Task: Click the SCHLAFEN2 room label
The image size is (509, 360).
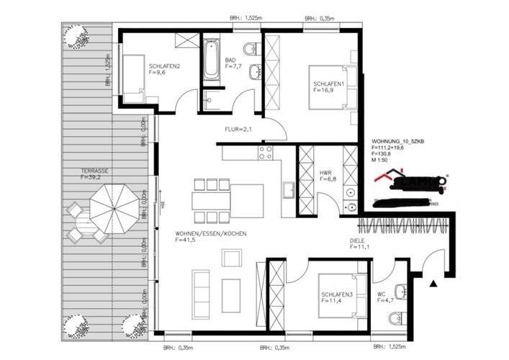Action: click(x=164, y=66)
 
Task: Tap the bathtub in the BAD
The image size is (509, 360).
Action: click(x=210, y=60)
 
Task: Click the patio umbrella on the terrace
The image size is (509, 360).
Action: click(x=113, y=204)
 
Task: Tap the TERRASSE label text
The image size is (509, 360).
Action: click(x=94, y=171)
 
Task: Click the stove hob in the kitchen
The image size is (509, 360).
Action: click(x=265, y=152)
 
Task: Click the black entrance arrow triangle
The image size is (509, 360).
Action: click(x=433, y=284)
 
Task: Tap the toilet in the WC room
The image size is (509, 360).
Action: click(x=400, y=291)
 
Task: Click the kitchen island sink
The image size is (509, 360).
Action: click(x=288, y=190)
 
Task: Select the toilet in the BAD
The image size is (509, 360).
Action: click(x=250, y=49)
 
